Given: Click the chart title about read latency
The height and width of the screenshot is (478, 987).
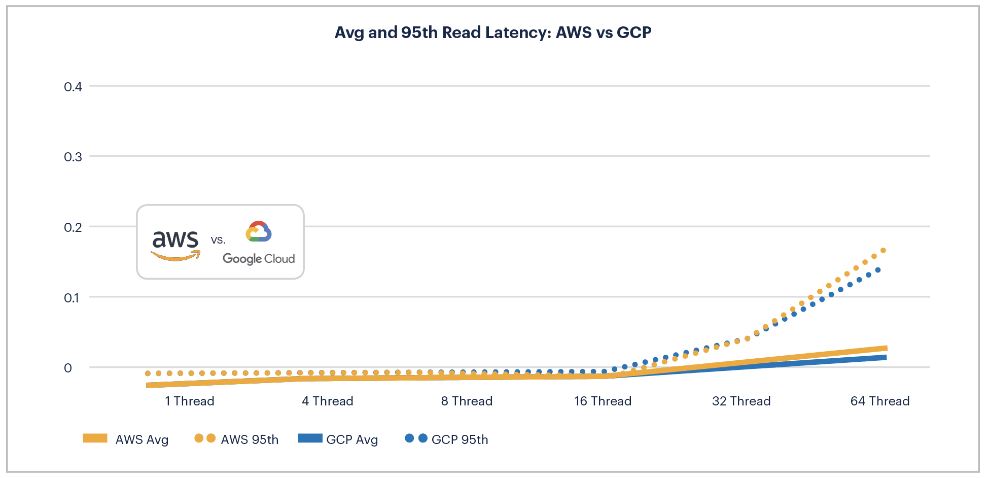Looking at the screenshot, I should [x=492, y=32].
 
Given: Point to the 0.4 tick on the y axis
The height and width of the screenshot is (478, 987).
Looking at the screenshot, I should [x=73, y=87].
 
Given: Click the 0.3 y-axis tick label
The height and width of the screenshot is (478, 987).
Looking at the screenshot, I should [x=73, y=157].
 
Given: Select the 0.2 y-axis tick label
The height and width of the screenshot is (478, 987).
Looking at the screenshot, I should [x=73, y=227].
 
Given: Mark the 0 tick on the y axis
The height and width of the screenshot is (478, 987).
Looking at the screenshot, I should [x=68, y=368].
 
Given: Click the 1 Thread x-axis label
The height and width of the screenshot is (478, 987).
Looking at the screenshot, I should [x=189, y=401].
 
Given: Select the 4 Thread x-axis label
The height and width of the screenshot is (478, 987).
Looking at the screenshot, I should [x=327, y=401].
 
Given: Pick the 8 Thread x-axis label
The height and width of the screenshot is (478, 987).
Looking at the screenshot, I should [x=467, y=401].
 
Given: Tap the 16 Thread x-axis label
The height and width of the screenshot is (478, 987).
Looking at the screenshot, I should [x=603, y=401].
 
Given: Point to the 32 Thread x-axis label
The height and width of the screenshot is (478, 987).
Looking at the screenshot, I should [x=741, y=401].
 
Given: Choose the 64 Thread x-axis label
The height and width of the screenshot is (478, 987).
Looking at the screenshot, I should [x=879, y=401].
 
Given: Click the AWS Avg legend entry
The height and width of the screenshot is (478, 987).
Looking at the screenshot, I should [x=126, y=439].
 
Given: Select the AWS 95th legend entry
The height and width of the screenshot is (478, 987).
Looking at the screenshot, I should [x=236, y=439].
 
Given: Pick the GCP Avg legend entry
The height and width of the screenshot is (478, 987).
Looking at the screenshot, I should [x=338, y=439].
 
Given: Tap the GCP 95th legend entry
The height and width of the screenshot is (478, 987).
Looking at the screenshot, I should [x=446, y=439].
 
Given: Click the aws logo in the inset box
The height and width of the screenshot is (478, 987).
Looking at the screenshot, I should [x=175, y=244].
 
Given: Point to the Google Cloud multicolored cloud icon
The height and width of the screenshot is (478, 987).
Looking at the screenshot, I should [x=259, y=231].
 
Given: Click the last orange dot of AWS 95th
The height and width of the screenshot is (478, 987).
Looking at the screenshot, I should [x=883, y=250].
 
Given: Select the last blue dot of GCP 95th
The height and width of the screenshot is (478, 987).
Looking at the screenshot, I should [x=878, y=270].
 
